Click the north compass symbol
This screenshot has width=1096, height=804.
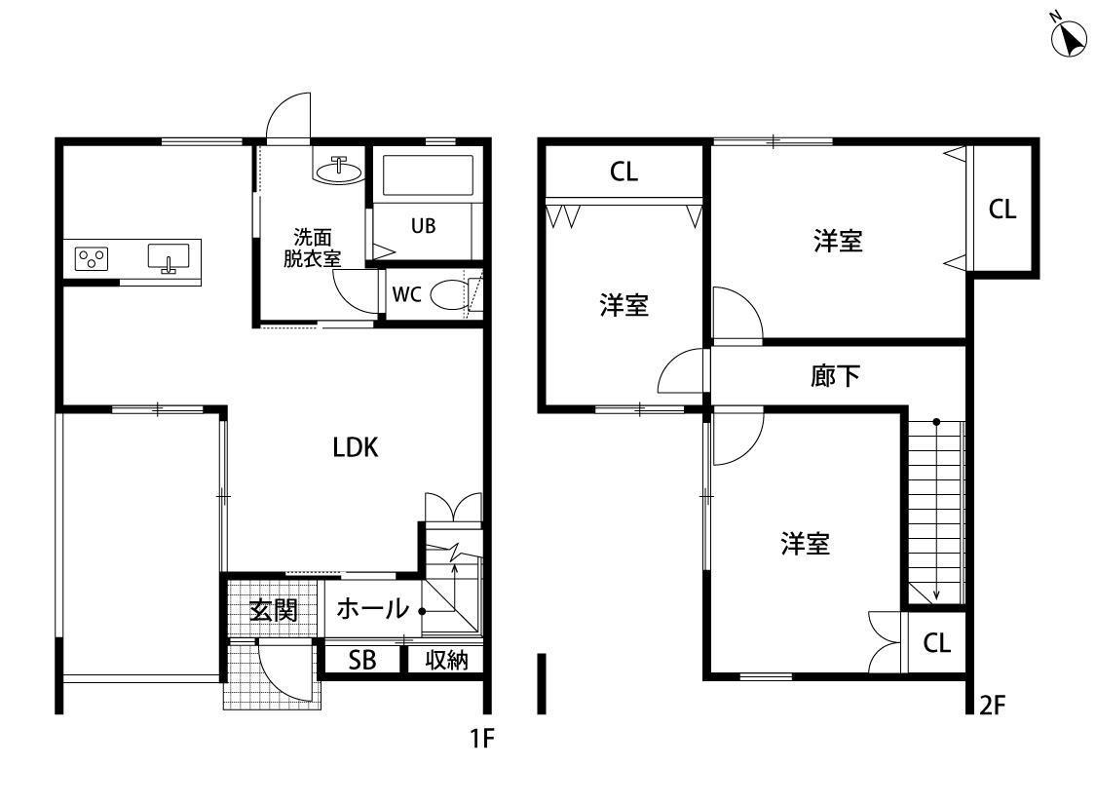coord(1069,37)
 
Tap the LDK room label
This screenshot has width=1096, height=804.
coord(355,447)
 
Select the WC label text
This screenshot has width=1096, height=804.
coord(406,294)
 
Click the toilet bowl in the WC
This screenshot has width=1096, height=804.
coord(451,294)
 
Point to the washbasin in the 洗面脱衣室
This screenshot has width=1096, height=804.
coord(339,170)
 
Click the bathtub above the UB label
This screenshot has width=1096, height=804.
coord(427,175)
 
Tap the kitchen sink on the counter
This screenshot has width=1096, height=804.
coord(169,257)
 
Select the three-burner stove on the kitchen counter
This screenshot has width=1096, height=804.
coord(92,259)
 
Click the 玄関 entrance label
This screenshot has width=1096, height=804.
coord(274,610)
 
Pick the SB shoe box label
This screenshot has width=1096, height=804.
coord(362,659)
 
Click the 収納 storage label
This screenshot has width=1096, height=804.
coord(446,659)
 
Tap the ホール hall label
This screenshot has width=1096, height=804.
coord(372,608)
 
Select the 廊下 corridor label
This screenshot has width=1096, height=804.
coord(835,376)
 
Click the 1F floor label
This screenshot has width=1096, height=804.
coord(482,738)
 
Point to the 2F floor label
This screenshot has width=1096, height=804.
coord(993,706)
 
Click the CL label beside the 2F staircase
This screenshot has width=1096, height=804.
coord(936,643)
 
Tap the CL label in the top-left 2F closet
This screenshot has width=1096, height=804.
coord(624,172)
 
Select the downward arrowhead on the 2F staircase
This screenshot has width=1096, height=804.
coord(936,595)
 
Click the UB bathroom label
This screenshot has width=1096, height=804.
coord(423,226)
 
